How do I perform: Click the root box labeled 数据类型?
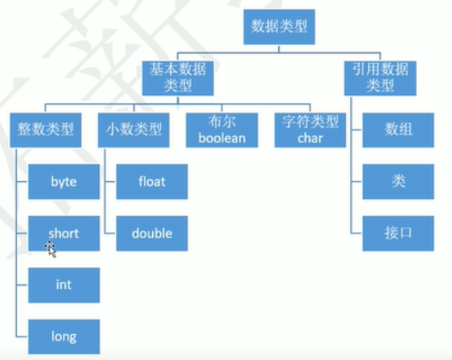[279, 27]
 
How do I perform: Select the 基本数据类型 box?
[178, 78]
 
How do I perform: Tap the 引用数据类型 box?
[380, 78]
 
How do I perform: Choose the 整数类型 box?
[46, 130]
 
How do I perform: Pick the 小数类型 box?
[134, 130]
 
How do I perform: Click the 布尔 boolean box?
[222, 130]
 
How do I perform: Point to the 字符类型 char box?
[311, 130]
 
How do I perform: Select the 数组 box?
[398, 130]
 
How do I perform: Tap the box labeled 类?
[398, 182]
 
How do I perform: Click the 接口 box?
[398, 233]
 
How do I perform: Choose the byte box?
[64, 182]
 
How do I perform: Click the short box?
[64, 233]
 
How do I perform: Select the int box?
[64, 285]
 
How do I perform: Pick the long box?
[64, 337]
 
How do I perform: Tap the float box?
[152, 182]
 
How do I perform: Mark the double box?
[152, 233]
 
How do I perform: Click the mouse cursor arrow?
[51, 249]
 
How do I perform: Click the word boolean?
[222, 139]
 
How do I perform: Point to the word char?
[311, 139]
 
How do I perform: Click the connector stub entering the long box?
[23, 337]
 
